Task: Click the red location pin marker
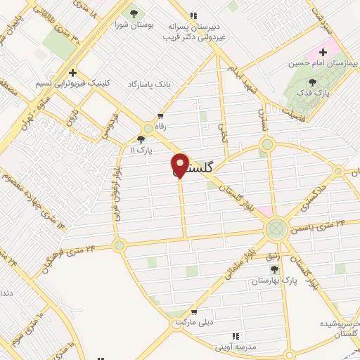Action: coord(180,165)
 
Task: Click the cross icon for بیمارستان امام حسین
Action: coord(323,52)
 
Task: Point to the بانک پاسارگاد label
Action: coord(149,84)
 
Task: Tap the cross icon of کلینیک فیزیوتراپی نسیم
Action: coord(72,72)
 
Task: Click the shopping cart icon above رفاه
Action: coord(161,116)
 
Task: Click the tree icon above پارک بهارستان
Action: coord(275,269)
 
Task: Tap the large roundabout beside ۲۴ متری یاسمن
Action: coord(276,228)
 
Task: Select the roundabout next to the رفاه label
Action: coord(148,128)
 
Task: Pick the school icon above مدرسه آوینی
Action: coord(236,337)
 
